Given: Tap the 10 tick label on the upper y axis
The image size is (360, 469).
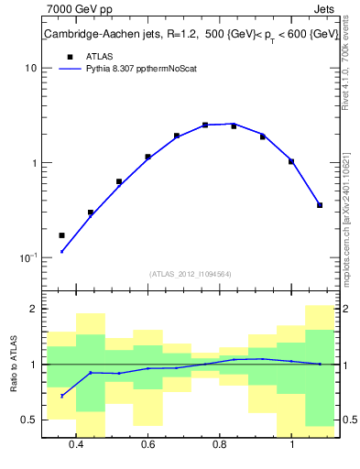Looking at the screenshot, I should pos(30,69).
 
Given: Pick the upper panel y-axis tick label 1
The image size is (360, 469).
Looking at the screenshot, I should pos(33,163).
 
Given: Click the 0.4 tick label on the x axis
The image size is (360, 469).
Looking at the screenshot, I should pos(76,445).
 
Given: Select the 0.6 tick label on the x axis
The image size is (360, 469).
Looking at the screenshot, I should pos(147,445).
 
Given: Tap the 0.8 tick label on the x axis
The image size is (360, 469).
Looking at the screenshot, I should pos(220,445).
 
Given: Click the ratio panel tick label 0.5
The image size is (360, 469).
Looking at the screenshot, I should pos(27,420).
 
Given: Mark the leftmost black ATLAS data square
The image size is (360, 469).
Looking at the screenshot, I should pos(62,235).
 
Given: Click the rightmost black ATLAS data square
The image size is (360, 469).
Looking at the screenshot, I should pos(320,205).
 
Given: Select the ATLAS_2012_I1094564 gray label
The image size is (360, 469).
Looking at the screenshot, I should pos(191,273).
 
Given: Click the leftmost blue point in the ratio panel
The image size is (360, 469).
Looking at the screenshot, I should pos(62,396).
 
